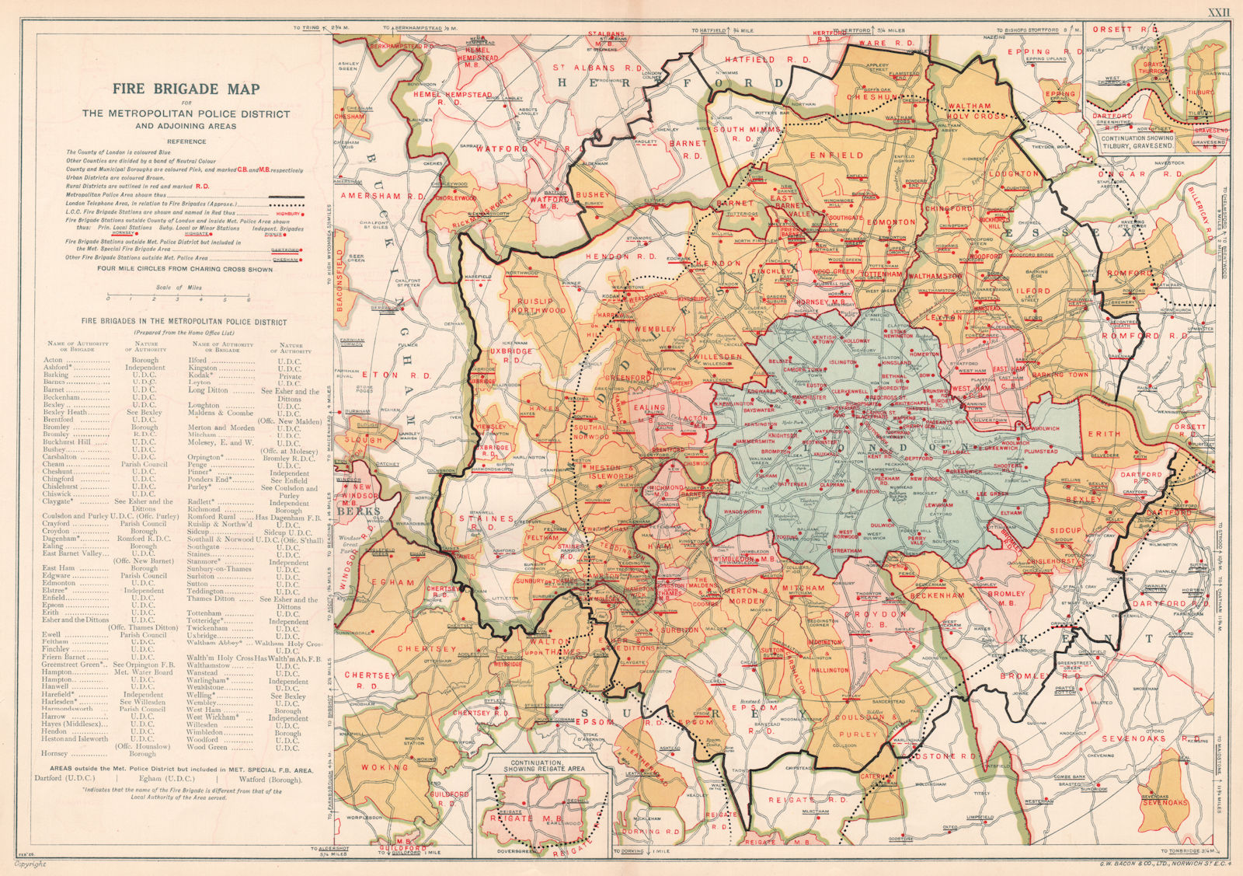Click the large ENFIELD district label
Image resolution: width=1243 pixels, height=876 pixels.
[x=836, y=155]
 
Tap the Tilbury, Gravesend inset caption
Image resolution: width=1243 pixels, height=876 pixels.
[x=1158, y=141]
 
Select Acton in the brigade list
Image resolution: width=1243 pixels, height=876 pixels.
[x=54, y=361]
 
